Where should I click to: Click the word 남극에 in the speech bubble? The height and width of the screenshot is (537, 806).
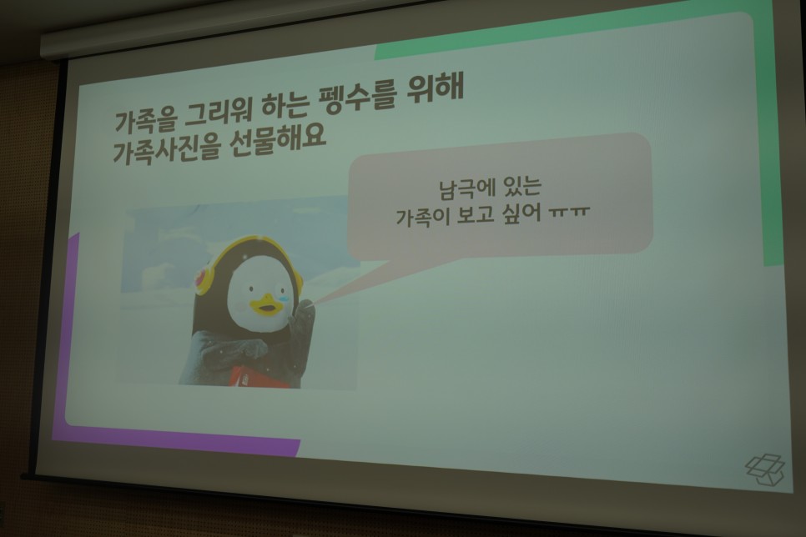click(x=462, y=188)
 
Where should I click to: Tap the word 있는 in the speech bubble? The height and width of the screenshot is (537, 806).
click(x=519, y=185)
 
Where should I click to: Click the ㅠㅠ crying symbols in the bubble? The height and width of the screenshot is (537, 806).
click(x=568, y=212)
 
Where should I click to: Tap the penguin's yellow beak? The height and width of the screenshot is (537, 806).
click(x=267, y=305)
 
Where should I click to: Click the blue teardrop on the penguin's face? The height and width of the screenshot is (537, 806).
click(x=283, y=294)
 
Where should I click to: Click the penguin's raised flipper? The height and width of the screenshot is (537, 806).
click(x=302, y=323)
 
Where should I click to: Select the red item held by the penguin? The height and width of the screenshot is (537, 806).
click(x=254, y=377)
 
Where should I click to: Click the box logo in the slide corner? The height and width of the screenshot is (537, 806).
click(x=765, y=469)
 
